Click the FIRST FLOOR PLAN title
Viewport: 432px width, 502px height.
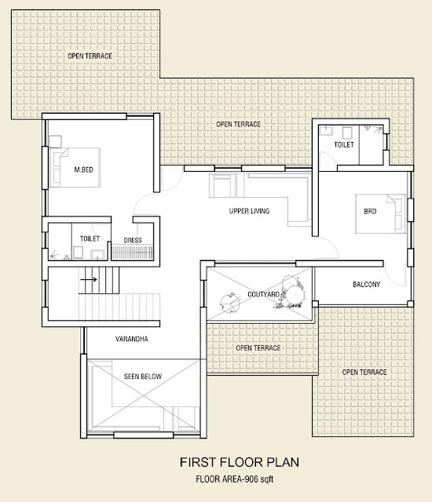click(x=240, y=462)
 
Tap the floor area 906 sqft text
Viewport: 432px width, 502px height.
click(x=235, y=479)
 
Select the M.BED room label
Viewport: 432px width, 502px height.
click(x=83, y=169)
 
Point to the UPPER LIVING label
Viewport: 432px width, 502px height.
click(x=249, y=211)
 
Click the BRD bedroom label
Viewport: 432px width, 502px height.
click(x=370, y=211)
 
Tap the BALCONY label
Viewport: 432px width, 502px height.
click(x=366, y=284)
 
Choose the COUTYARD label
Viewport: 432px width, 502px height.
click(x=263, y=294)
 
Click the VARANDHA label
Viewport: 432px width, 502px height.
click(x=132, y=339)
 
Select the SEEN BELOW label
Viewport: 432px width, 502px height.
click(x=143, y=376)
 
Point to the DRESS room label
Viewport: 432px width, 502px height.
click(x=133, y=240)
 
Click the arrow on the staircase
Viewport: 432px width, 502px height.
click(x=89, y=279)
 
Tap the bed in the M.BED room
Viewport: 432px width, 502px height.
click(x=75, y=167)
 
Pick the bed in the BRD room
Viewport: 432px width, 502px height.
click(x=380, y=213)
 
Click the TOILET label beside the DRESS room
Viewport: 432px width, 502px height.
click(x=90, y=238)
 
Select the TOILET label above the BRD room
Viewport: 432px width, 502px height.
click(x=344, y=144)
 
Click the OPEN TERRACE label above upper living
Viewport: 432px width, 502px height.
click(x=239, y=124)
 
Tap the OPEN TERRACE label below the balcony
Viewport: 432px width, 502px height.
click(x=364, y=372)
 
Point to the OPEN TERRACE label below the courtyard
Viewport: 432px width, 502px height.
click(x=258, y=348)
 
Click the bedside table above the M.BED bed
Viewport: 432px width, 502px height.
click(x=56, y=141)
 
